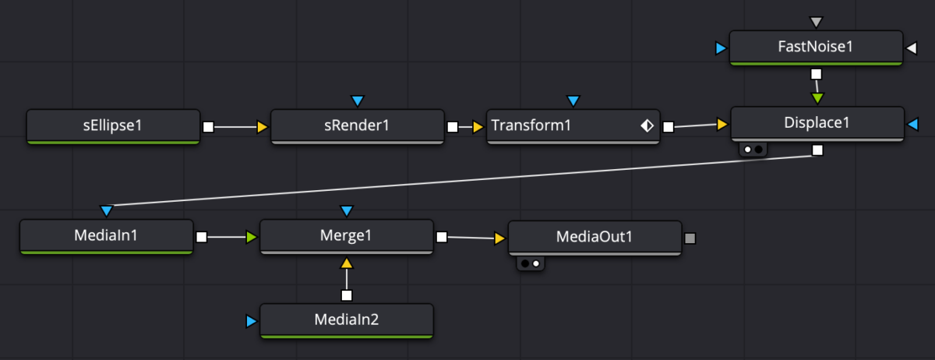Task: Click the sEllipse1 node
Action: [x=113, y=126]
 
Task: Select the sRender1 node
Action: [x=358, y=126]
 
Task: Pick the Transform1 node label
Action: [x=531, y=125]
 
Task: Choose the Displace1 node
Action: [x=817, y=124]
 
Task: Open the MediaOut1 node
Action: [x=595, y=238]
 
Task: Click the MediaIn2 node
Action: [x=347, y=321]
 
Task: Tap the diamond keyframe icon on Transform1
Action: [x=647, y=125]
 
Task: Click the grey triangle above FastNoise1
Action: [x=816, y=22]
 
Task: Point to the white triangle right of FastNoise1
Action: [x=912, y=48]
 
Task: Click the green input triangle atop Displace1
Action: [x=817, y=98]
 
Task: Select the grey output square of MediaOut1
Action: [x=690, y=238]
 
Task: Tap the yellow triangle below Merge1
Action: [x=347, y=263]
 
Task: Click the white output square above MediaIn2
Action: [x=347, y=295]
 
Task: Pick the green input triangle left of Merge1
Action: [x=251, y=237]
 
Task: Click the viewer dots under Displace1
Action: [x=753, y=149]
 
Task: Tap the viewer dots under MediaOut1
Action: [x=531, y=263]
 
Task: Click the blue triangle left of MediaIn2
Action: [x=251, y=321]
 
